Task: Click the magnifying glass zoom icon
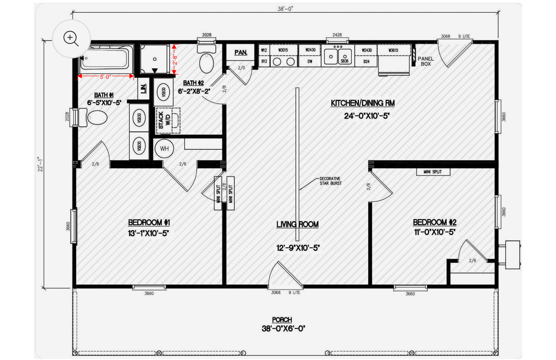71,39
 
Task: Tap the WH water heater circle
164,149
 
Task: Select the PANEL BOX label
426,61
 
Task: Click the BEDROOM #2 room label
434,223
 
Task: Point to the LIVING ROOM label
297,224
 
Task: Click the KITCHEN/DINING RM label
362,103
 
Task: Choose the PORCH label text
282,320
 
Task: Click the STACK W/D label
164,120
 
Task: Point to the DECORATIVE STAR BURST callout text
331,181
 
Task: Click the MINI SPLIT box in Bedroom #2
433,172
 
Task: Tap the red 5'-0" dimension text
105,77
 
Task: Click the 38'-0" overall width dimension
285,9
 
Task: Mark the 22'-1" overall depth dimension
40,164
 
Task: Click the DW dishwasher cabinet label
310,61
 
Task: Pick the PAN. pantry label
240,52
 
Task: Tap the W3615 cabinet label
393,50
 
